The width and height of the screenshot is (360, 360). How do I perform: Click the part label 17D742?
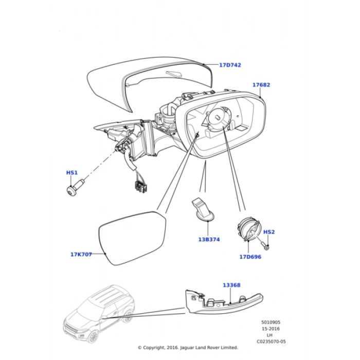(x=230, y=65)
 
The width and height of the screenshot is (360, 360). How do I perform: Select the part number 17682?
(x=261, y=85)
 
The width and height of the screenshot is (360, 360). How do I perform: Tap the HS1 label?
(x=71, y=173)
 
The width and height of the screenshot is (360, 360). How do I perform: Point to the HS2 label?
(x=268, y=232)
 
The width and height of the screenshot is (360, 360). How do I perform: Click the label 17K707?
(x=81, y=254)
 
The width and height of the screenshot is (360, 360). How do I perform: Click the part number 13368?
(x=231, y=285)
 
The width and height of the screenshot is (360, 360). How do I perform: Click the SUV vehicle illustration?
(x=98, y=313)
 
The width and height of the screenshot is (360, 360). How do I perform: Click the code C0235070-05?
(x=271, y=341)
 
